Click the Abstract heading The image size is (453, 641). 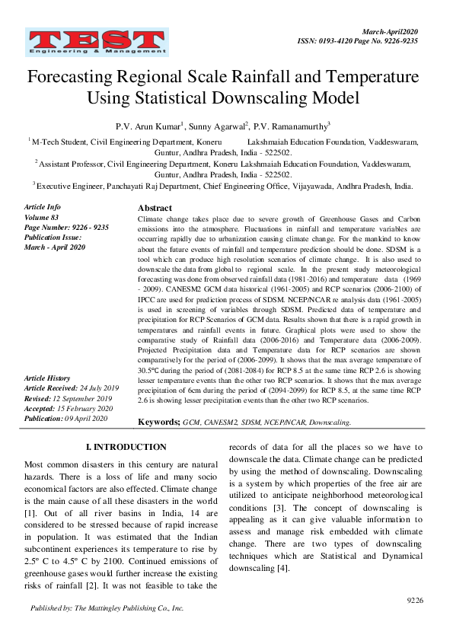coord(155,208)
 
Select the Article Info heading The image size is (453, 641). coord(43,207)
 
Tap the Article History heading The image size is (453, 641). coord(47,378)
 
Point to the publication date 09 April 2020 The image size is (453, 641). coord(91,418)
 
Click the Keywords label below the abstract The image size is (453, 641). coord(158,421)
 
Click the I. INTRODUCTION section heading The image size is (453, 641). coord(126,447)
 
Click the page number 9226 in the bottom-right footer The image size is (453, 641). coord(415,601)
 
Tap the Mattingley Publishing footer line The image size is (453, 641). coord(107,609)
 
